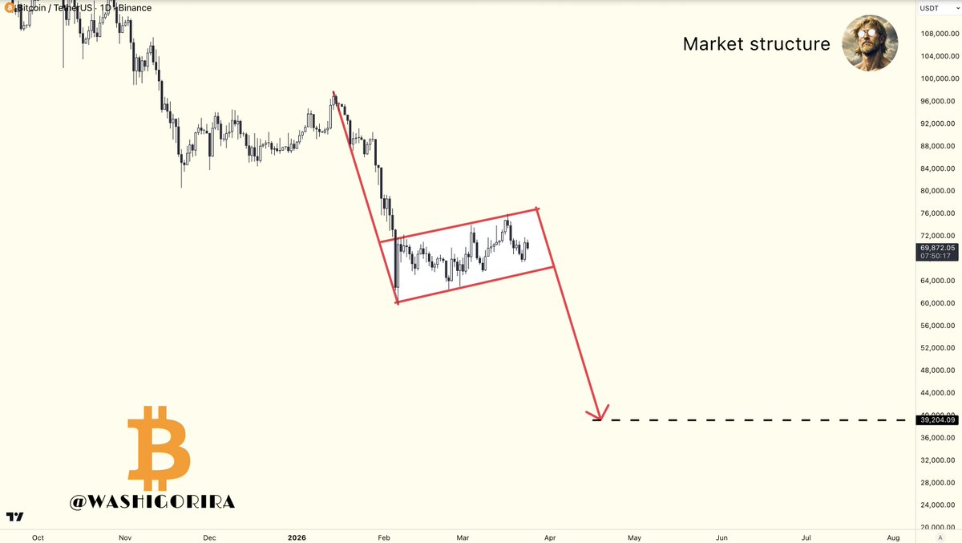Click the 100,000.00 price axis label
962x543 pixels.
tap(938, 101)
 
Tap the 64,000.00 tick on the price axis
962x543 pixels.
tap(938, 281)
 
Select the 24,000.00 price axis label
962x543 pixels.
tap(938, 505)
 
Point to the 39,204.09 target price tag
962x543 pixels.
tap(938, 419)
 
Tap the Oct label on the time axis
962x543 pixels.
tap(38, 537)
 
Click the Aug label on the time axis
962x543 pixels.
tap(893, 537)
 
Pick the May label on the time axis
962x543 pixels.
tap(634, 537)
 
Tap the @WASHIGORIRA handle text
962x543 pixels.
tap(152, 502)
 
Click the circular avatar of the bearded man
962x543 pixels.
tap(870, 43)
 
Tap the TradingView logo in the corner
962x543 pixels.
tap(14, 516)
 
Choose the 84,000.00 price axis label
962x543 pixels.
tap(938, 168)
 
